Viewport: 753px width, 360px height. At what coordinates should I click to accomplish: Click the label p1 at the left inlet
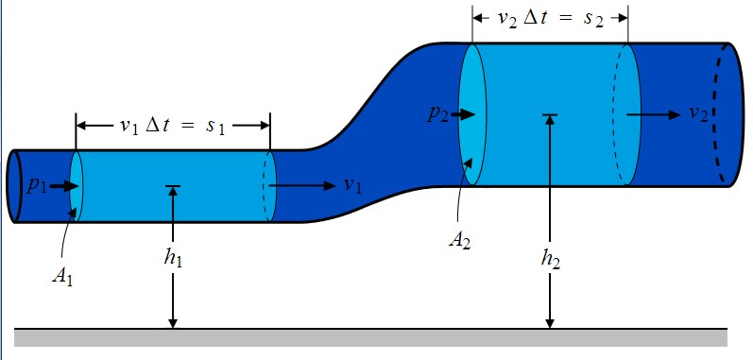(x=37, y=185)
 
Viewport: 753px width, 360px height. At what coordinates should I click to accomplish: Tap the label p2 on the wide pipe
(x=436, y=114)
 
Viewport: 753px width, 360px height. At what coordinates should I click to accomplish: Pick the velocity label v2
(x=699, y=113)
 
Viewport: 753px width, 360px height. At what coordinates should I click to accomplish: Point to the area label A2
(x=460, y=237)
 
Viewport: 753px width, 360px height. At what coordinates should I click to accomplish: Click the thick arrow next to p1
(x=62, y=185)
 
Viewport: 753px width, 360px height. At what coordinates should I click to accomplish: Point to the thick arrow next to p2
(x=462, y=114)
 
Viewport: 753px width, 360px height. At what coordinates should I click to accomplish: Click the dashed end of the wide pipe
(x=728, y=113)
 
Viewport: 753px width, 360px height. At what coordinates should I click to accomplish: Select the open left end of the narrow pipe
(x=13, y=185)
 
